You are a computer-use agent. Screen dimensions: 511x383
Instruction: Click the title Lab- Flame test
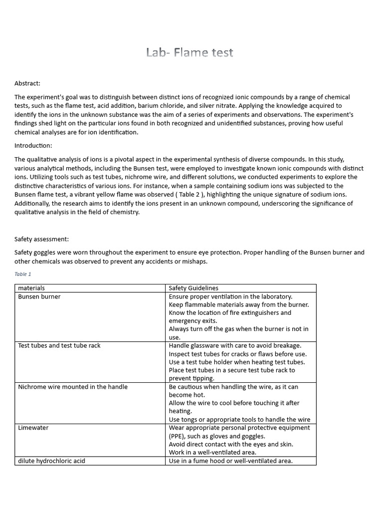[190, 52]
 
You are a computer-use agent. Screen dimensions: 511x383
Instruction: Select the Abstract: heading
[27, 83]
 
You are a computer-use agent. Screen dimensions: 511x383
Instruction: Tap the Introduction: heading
[33, 146]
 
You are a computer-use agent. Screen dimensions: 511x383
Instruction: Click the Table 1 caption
[23, 274]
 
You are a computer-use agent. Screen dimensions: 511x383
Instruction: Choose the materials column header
[31, 288]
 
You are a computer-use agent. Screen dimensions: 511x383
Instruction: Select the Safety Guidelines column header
[193, 288]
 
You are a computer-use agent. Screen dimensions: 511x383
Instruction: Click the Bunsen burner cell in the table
[39, 296]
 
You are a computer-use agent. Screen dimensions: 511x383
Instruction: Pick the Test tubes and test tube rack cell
[59, 345]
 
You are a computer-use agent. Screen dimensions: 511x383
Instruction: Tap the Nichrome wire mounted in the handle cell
[73, 387]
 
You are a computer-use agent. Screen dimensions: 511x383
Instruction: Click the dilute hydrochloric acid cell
[52, 461]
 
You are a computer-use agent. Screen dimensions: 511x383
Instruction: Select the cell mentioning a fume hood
[230, 461]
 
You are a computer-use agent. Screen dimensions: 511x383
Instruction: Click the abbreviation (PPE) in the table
[178, 436]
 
